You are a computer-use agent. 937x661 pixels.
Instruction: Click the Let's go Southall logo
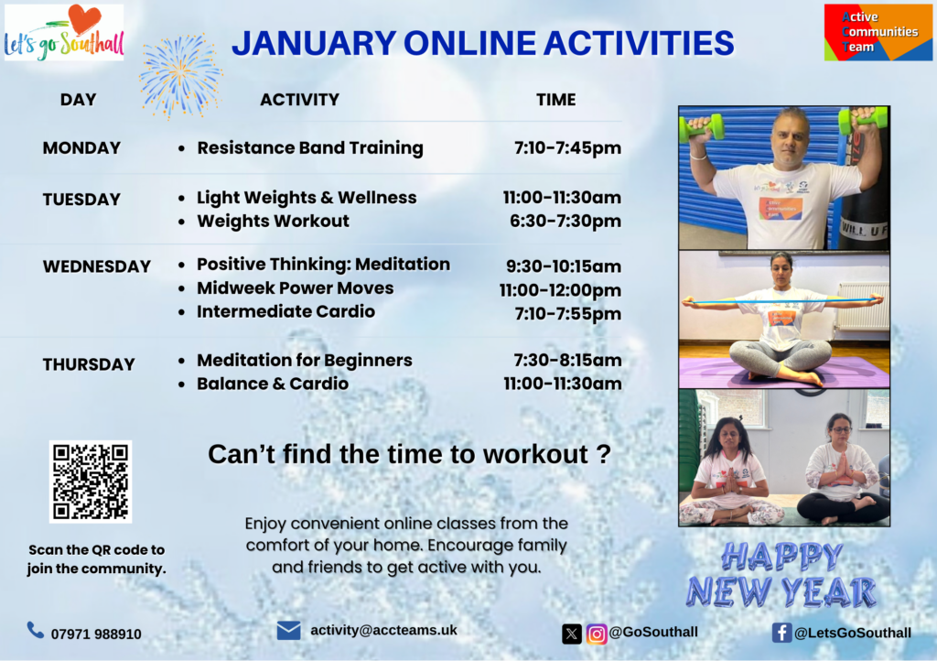(x=64, y=32)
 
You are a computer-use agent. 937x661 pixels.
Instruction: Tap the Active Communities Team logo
(x=878, y=32)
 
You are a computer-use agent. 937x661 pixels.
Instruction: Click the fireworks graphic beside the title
(x=180, y=76)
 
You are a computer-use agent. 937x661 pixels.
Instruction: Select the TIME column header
(x=555, y=100)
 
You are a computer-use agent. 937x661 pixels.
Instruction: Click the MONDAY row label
(x=81, y=148)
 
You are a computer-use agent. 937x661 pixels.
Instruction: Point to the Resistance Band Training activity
(x=310, y=148)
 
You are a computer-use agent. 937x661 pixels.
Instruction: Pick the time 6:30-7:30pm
(x=565, y=222)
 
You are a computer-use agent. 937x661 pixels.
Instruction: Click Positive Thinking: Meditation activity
(x=323, y=265)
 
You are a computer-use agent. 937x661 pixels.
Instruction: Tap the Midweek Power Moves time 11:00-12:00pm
(x=561, y=290)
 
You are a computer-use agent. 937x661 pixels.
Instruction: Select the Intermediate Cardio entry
(x=285, y=311)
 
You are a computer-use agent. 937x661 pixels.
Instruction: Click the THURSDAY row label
(x=89, y=364)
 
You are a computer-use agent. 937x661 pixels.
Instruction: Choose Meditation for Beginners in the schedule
(x=305, y=361)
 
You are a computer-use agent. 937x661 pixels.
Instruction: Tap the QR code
(x=91, y=482)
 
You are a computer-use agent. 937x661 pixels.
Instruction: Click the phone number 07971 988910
(x=96, y=634)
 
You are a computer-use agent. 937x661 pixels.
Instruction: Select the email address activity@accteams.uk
(x=383, y=631)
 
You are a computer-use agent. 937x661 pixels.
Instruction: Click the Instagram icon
(x=597, y=634)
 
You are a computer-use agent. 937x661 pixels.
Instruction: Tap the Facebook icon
(x=781, y=633)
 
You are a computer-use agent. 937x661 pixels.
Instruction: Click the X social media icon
(x=572, y=634)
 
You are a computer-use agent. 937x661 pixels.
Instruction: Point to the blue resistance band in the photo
(x=783, y=301)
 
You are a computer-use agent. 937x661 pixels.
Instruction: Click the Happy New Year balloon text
(x=782, y=575)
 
